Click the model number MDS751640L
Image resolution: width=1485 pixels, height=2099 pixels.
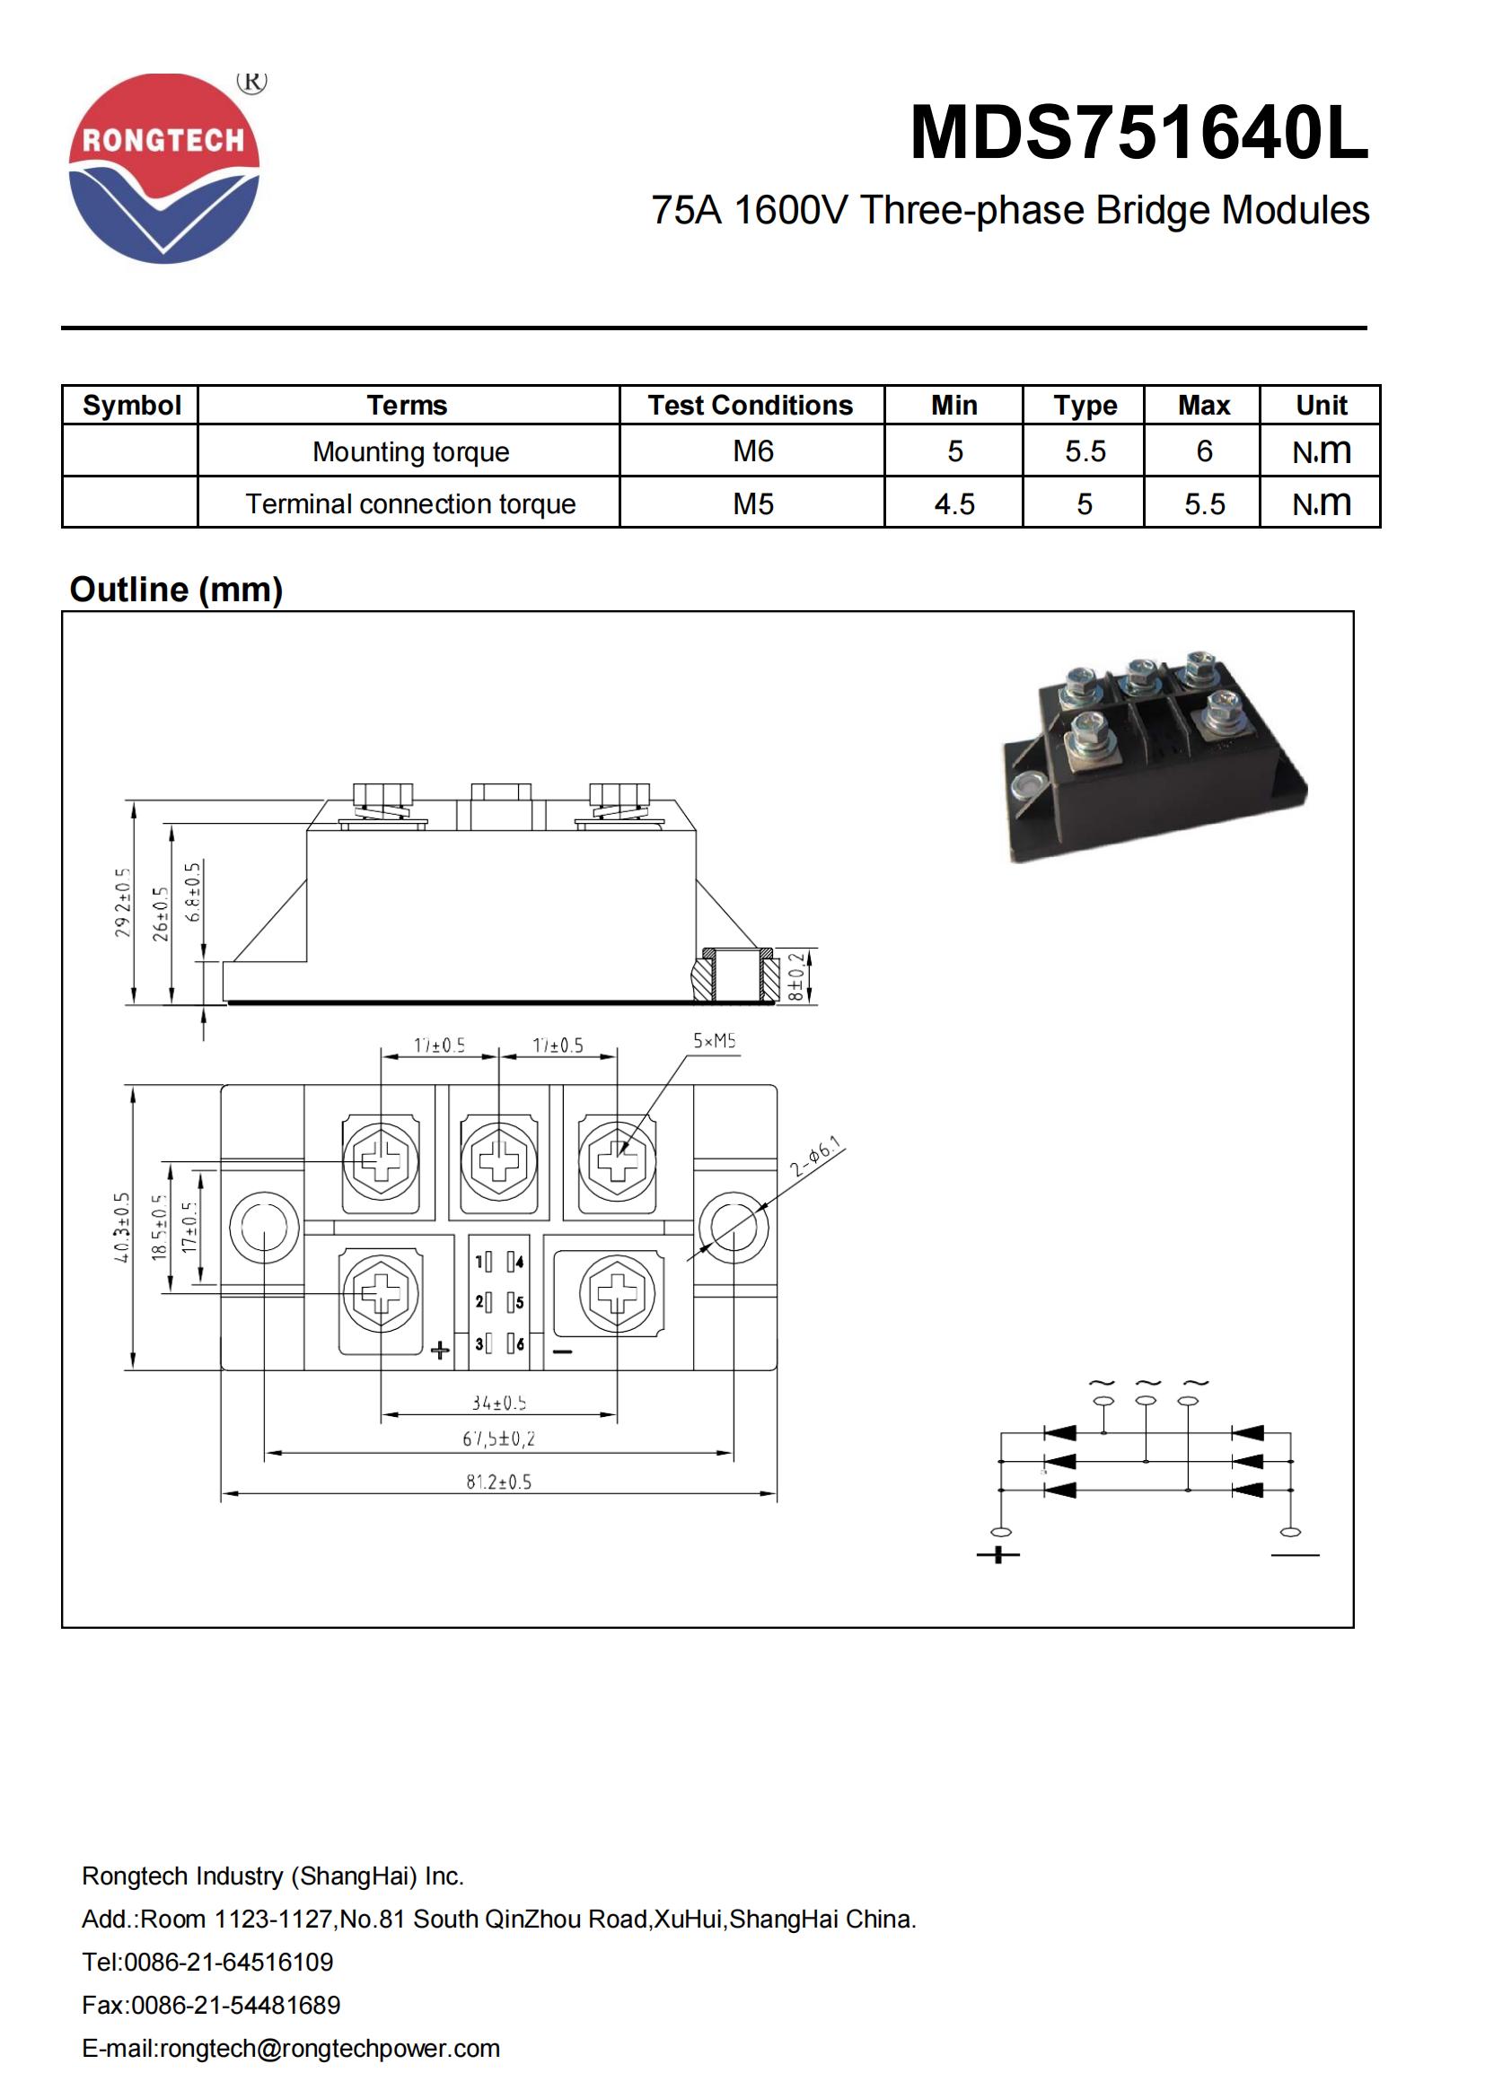(x=1138, y=134)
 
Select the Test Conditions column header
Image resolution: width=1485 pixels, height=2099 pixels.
(x=750, y=405)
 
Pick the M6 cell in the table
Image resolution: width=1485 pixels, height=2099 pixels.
(x=752, y=450)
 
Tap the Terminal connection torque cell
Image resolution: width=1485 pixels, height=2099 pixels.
(x=409, y=503)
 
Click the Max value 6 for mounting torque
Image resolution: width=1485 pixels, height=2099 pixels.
(x=1203, y=450)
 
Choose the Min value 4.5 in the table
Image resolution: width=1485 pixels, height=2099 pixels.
(x=953, y=503)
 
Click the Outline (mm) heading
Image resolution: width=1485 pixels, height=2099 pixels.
(x=176, y=590)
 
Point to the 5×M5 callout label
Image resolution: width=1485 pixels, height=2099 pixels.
(x=713, y=1040)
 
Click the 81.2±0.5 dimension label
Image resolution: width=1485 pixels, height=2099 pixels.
(x=498, y=1482)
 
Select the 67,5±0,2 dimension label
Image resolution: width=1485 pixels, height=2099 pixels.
(x=498, y=1439)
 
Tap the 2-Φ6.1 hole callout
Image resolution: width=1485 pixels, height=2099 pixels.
(x=815, y=1159)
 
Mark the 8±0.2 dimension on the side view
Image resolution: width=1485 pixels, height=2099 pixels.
(x=796, y=977)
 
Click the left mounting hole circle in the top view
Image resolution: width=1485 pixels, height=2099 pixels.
(x=264, y=1227)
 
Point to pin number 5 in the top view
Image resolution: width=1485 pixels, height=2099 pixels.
(x=519, y=1303)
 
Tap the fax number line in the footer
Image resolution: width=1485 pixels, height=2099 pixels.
(x=210, y=2005)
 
